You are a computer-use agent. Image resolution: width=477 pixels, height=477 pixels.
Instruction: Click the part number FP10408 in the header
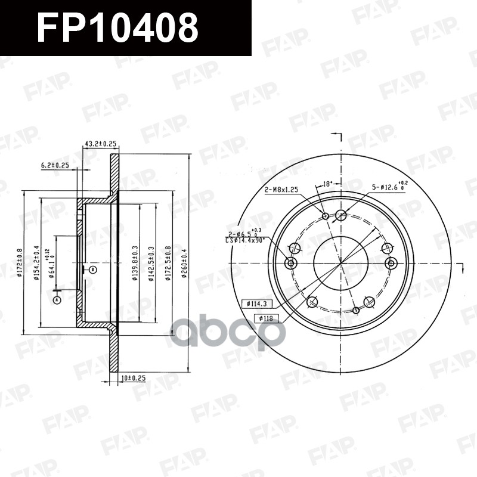click(117, 28)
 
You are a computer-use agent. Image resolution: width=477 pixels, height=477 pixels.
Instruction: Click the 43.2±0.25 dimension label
click(100, 144)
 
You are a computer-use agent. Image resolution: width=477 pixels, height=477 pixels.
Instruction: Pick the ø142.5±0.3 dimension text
click(152, 263)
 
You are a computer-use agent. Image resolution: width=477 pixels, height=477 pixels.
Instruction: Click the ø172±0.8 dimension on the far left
click(20, 262)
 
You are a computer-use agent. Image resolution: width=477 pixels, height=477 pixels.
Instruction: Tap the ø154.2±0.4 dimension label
click(37, 262)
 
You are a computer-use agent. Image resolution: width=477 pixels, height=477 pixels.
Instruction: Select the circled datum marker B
click(92, 270)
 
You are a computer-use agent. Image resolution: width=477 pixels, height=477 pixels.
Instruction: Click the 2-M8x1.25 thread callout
click(281, 189)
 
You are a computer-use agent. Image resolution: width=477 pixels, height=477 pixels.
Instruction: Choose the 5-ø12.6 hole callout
click(390, 187)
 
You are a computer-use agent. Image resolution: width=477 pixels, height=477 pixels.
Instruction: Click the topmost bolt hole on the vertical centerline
click(341, 215)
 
